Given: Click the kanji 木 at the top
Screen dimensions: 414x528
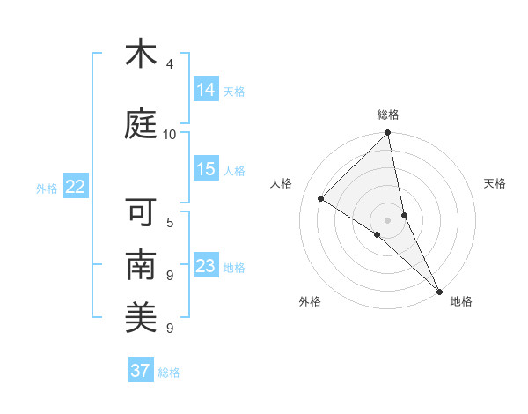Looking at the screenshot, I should tap(141, 55).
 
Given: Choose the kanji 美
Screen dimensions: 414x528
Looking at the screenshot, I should tap(141, 314).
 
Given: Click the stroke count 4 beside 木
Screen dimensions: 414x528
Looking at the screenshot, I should tap(170, 64).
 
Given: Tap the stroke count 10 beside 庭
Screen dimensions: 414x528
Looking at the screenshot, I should tap(169, 134).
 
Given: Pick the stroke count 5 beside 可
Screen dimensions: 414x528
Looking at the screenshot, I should tap(170, 223).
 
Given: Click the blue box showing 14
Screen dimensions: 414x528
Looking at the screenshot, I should tap(206, 89).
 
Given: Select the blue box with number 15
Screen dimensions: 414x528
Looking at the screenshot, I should tap(206, 168).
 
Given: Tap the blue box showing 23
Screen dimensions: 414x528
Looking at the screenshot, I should tap(206, 266).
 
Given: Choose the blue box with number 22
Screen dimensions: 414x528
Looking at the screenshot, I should tap(76, 187).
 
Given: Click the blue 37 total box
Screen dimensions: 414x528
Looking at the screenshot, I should tap(140, 371).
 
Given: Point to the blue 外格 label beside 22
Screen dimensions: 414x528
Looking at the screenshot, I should tap(47, 188).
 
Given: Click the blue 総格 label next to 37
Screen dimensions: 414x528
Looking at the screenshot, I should tap(169, 373).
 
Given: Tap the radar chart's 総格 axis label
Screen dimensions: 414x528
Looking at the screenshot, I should tap(388, 115).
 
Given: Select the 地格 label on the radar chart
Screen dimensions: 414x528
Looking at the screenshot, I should tap(461, 301).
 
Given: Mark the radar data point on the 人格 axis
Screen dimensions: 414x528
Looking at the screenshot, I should tap(321, 199).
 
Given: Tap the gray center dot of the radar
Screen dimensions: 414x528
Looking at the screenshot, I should tap(388, 219).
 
